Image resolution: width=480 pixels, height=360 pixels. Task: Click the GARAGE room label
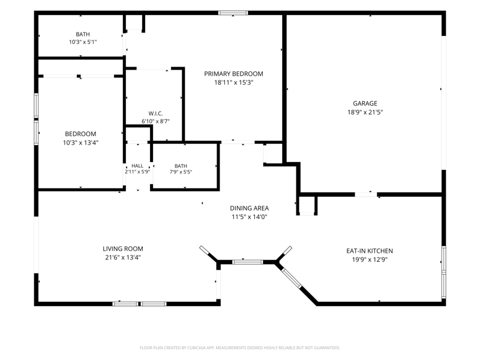click(x=365, y=103)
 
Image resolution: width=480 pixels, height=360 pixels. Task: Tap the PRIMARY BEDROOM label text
click(x=233, y=74)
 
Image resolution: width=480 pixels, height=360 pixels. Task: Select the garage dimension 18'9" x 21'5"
click(x=365, y=112)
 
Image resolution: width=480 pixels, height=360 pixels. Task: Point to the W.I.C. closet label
click(x=155, y=113)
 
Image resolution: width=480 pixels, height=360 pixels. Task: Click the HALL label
click(x=137, y=166)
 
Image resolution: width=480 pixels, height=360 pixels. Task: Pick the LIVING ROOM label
click(x=123, y=249)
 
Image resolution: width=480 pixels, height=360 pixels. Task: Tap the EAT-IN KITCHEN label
click(x=370, y=251)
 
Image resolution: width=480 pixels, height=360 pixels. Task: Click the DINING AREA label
click(x=249, y=208)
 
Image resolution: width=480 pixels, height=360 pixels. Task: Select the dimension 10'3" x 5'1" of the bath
click(x=83, y=42)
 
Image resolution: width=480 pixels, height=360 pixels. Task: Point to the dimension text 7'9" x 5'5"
click(x=181, y=172)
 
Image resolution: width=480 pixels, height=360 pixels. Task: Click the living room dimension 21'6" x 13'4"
click(x=123, y=257)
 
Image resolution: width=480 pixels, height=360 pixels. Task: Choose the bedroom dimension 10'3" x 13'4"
click(x=80, y=143)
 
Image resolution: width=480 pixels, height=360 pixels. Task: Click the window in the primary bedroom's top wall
click(x=233, y=13)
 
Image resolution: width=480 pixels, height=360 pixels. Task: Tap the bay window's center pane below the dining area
click(x=247, y=262)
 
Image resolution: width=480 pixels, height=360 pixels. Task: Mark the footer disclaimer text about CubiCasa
click(x=239, y=348)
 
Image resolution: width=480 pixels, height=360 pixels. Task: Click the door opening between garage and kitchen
click(x=366, y=194)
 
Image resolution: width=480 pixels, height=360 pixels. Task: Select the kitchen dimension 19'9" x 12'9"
click(x=370, y=260)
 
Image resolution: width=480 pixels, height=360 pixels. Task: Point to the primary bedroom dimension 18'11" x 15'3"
click(x=233, y=82)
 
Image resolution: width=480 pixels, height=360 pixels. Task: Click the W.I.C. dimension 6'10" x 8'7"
click(x=155, y=121)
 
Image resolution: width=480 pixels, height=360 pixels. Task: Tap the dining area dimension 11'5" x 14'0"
click(x=249, y=217)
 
